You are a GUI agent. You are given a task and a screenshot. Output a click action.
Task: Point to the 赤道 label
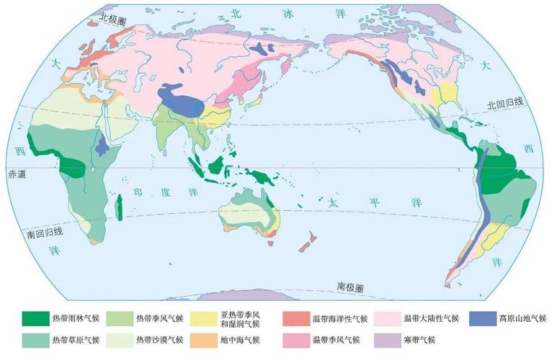point(16,174)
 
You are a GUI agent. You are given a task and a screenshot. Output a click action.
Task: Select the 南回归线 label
point(45,233)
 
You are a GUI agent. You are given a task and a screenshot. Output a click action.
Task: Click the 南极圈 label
point(350,287)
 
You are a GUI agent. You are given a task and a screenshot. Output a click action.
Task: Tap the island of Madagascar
point(123,210)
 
